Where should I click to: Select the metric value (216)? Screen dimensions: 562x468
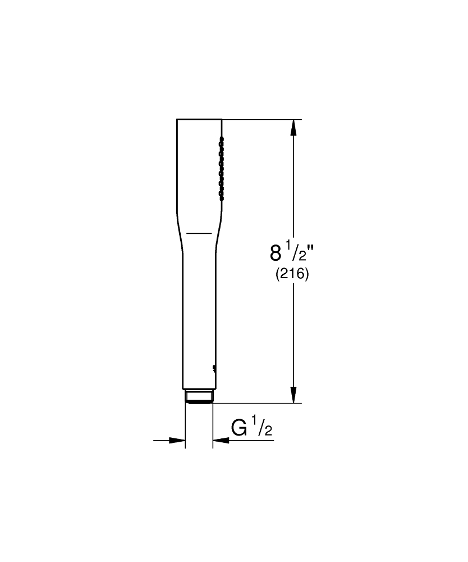point(292,275)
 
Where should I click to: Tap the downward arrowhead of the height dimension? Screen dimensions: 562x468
point(292,395)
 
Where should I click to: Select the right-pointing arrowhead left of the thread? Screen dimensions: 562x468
point(178,441)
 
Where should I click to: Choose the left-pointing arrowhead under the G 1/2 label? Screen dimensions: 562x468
point(220,441)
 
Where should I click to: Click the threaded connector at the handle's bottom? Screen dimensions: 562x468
point(199,396)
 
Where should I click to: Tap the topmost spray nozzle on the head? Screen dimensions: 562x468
point(222,137)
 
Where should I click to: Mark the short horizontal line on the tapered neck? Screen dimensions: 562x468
point(199,233)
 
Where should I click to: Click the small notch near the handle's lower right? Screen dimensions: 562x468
point(213,369)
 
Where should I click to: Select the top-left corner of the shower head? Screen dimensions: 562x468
point(177,120)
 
